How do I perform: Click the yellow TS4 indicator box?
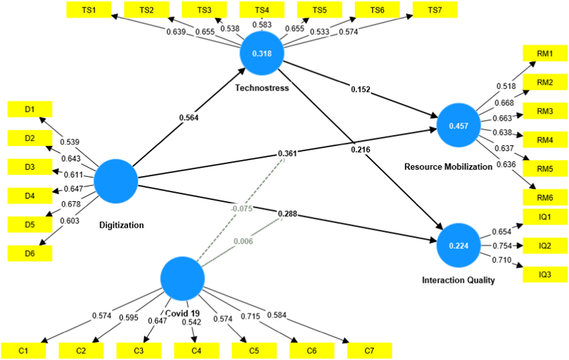coord(262,10)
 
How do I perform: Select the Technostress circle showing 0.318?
coord(262,54)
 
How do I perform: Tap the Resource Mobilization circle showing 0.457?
coord(458,126)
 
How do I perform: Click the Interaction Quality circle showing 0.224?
coord(458,245)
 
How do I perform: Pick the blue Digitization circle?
coord(116,181)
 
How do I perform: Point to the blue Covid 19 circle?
coord(183,278)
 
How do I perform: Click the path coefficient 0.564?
coord(189,118)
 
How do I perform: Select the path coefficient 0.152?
coord(361,89)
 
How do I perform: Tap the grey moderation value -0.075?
coord(242,209)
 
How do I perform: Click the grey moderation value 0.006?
coord(243,241)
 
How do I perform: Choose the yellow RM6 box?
coord(545,198)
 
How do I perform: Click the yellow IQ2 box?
coord(545,246)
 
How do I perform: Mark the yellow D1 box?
coord(30,109)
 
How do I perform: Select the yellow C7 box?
coord(369,351)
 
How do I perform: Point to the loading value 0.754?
coord(502,246)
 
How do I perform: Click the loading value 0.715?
coord(250,316)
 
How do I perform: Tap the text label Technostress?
coord(262,88)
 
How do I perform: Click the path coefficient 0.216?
coord(361,150)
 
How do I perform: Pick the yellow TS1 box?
coord(89,10)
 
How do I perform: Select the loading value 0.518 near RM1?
coord(506,86)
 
